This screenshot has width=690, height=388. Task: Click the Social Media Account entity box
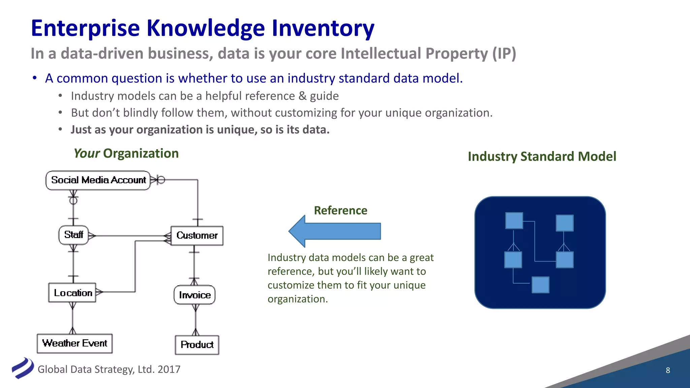pos(98,180)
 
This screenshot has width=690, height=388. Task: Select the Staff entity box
pos(73,235)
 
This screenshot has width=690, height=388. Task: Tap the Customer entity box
pos(197,235)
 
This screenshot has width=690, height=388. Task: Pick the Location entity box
pos(72,293)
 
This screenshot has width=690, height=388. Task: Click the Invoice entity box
pos(194,295)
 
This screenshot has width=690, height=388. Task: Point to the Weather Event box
pos(74,343)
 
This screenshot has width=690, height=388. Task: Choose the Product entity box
pos(197,345)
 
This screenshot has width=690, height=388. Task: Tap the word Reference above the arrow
pos(340,211)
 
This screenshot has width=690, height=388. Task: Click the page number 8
pos(668,370)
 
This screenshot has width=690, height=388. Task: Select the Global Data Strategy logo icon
pos(22,368)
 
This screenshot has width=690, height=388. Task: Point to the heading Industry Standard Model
pos(542,157)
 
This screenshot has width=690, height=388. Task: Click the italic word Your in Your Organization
pos(86,154)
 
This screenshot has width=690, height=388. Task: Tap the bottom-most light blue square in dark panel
pos(540,285)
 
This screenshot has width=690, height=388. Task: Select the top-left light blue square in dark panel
pos(514,221)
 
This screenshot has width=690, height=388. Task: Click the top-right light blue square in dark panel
pos(565,223)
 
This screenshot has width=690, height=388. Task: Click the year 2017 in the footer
pos(169,369)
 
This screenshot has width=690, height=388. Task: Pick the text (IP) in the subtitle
pos(504,54)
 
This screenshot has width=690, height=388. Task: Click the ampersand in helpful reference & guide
pos(302,96)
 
